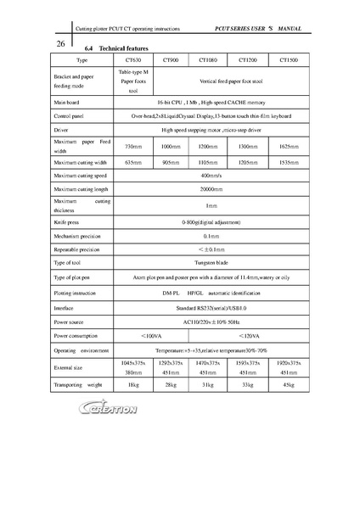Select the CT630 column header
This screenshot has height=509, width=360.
(x=132, y=61)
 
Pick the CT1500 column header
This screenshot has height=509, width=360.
(x=288, y=61)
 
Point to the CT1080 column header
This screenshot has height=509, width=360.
(x=208, y=61)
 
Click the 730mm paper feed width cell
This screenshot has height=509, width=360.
(x=132, y=147)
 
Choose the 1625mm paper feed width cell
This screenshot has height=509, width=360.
(x=288, y=147)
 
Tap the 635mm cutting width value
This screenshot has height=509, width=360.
(x=132, y=161)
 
